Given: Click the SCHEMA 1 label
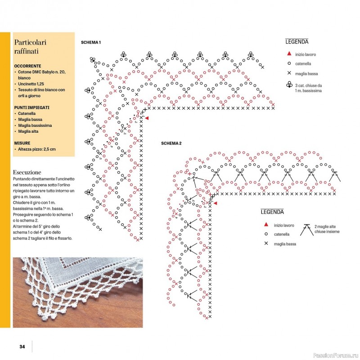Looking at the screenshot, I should click(90, 42).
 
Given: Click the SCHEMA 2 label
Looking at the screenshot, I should click(171, 143).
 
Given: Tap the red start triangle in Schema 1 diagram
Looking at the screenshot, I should click(147, 118).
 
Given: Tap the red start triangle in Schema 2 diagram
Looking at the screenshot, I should click(215, 203).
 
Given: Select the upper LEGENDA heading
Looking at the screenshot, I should click(297, 42).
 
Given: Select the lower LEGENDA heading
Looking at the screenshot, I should click(272, 212).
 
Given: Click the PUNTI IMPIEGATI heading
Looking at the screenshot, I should click(31, 108).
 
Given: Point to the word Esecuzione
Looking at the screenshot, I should click(27, 172).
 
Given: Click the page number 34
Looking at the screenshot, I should click(22, 346).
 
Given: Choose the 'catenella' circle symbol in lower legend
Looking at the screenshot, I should click(266, 234).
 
